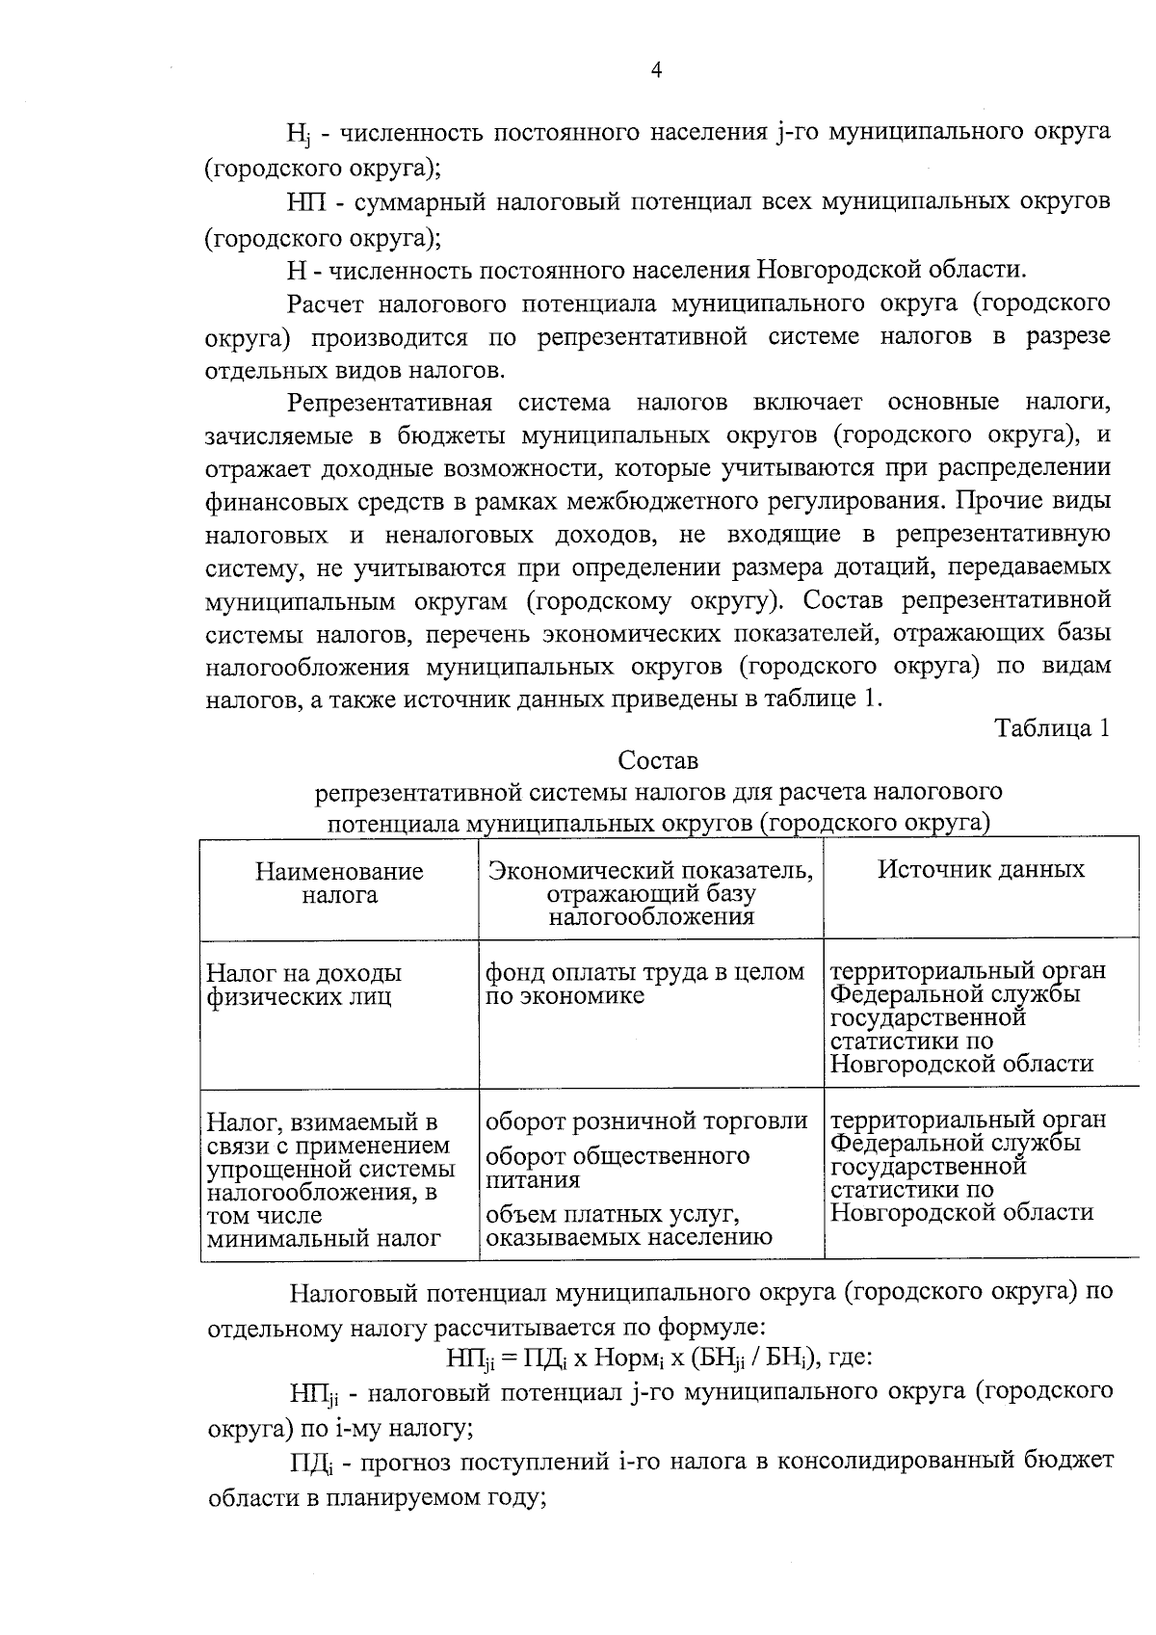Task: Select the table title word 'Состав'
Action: pyautogui.click(x=658, y=760)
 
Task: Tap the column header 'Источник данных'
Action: pyautogui.click(x=981, y=869)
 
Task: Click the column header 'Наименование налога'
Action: pyautogui.click(x=339, y=883)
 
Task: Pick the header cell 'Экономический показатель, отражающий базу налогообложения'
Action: pyautogui.click(x=651, y=893)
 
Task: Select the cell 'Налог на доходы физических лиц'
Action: pyautogui.click(x=304, y=984)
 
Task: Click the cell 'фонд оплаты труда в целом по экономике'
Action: pyautogui.click(x=644, y=984)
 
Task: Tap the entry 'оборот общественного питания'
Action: pyautogui.click(x=617, y=1167)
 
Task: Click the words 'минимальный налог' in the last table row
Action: pyautogui.click(x=324, y=1238)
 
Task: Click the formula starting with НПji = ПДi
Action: pyautogui.click(x=659, y=1358)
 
